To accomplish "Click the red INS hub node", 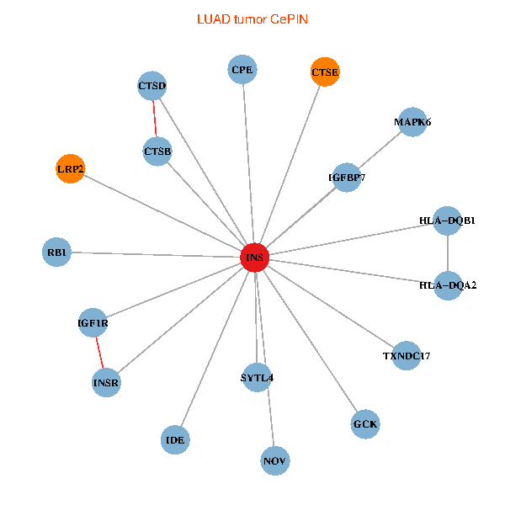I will point(255,257).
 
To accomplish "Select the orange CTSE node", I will point(325,72).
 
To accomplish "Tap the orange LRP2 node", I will point(70,169).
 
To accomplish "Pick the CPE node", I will point(242,69).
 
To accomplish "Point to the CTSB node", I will point(157,151).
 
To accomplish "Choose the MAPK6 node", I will point(412,122).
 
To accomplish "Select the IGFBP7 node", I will point(347,178).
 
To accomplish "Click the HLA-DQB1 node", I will point(448,221).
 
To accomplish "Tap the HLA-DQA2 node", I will point(448,285).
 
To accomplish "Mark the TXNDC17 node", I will point(407,355).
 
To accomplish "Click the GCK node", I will point(365,424).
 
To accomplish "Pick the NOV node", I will point(275,460).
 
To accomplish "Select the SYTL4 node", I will point(257,377).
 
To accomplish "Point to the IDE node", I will point(175,439).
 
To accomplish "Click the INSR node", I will point(107,383).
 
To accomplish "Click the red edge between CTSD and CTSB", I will point(155,119).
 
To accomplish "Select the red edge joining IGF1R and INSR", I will point(100,353).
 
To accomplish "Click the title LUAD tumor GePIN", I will point(252,18).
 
